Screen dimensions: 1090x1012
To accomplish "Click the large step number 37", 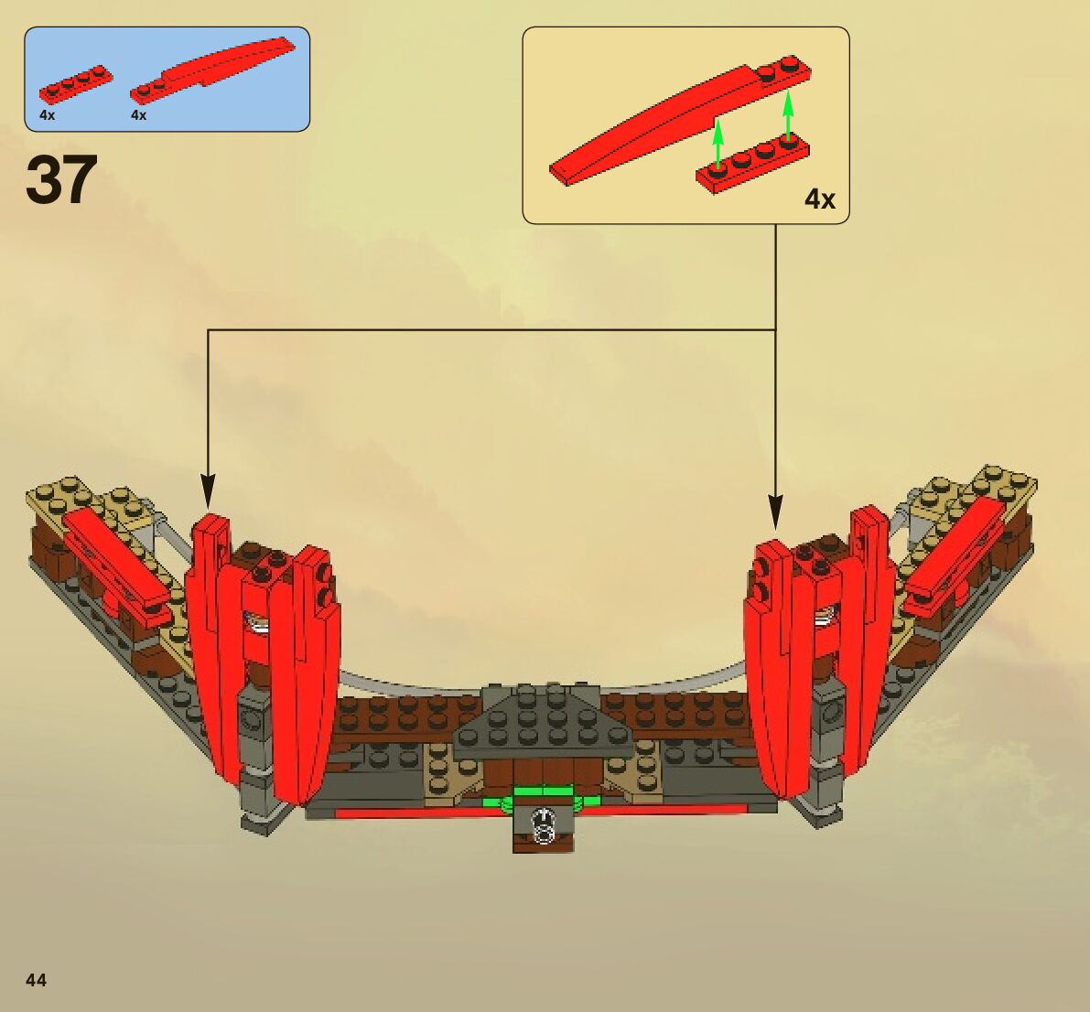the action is click(x=61, y=180).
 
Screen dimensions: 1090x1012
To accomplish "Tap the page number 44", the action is click(x=36, y=980).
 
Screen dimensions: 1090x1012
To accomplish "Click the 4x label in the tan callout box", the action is click(x=819, y=199).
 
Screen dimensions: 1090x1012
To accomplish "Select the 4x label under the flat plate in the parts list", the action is click(x=48, y=115).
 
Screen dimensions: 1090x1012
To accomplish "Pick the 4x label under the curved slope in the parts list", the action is click(x=139, y=115).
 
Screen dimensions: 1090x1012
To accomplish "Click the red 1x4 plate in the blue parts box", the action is click(x=76, y=83).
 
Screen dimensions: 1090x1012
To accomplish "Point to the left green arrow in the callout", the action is click(x=718, y=145).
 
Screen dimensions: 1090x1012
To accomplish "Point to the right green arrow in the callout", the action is click(x=788, y=114).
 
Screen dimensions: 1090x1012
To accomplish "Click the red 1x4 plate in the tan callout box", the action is click(x=752, y=164).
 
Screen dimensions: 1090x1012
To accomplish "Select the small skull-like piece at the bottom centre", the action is click(x=545, y=825).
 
